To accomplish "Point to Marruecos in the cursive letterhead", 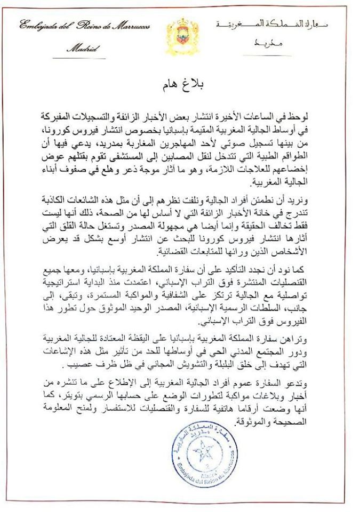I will [x=130, y=26].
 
